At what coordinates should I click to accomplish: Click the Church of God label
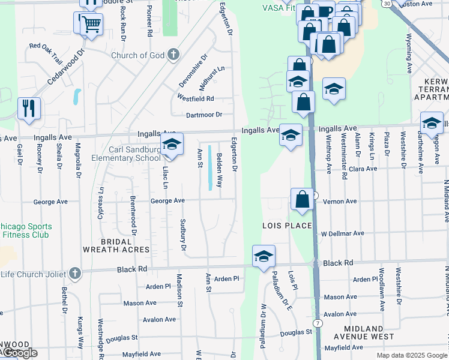click(x=138, y=55)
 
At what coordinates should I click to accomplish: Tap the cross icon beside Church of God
click(x=173, y=55)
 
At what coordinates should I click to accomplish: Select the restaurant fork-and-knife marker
click(x=29, y=109)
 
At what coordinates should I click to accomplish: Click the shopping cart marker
click(x=92, y=25)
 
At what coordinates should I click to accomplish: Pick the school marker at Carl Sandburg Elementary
click(x=172, y=145)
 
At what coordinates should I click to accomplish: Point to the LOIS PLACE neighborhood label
click(x=287, y=225)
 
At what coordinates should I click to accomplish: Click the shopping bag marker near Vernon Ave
click(x=302, y=199)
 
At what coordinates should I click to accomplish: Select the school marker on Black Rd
click(x=264, y=256)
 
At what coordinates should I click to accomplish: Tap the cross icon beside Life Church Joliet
click(x=75, y=273)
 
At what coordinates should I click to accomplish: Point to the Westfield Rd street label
click(x=196, y=98)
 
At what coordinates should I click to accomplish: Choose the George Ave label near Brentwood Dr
click(x=167, y=202)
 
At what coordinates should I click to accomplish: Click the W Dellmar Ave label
click(x=342, y=233)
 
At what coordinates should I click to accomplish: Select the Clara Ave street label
click(x=363, y=169)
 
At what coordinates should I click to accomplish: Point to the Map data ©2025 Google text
click(x=412, y=355)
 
